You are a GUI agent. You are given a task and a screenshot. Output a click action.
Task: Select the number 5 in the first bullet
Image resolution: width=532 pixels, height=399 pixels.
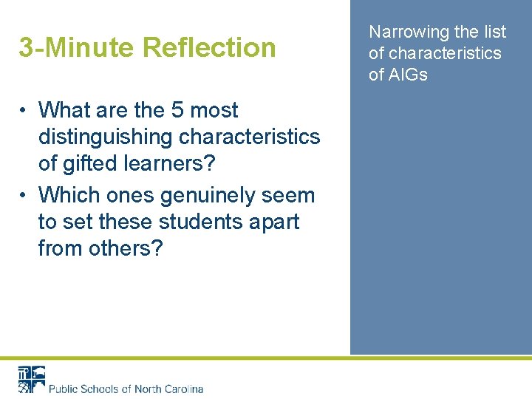point(177,111)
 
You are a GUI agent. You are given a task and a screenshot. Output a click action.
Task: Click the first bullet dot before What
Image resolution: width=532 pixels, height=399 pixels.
point(24,111)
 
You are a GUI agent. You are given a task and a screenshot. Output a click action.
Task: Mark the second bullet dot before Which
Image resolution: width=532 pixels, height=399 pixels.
point(24,196)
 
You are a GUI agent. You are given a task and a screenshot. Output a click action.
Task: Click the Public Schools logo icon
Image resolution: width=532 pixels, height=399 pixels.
point(31,378)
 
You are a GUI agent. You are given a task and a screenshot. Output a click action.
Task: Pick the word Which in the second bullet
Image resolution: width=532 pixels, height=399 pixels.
point(68,196)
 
